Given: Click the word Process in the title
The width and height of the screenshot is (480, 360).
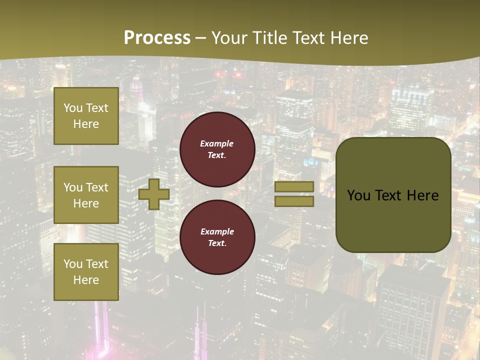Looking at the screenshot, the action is [x=157, y=38].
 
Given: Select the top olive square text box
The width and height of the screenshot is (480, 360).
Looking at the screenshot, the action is [x=86, y=116].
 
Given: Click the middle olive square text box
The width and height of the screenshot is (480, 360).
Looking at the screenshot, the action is [x=86, y=195].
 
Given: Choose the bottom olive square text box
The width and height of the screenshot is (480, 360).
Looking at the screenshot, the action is [x=86, y=272].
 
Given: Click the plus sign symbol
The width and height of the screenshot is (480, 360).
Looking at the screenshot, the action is [x=154, y=194].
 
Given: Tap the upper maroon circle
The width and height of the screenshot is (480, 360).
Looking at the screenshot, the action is [x=217, y=149].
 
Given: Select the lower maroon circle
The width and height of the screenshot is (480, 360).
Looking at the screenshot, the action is [x=217, y=237].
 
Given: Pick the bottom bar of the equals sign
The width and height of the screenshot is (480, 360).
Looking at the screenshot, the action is [x=294, y=201].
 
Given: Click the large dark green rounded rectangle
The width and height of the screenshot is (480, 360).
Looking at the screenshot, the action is [x=393, y=195].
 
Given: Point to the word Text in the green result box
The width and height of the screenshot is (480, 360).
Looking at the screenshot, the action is [x=388, y=195].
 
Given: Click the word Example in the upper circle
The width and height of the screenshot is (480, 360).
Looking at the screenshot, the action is [x=217, y=143].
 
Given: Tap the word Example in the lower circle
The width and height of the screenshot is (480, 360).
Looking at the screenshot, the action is [x=217, y=231].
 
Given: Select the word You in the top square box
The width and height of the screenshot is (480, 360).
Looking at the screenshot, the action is [x=73, y=108].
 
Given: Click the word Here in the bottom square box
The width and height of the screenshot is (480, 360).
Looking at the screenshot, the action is [x=86, y=280].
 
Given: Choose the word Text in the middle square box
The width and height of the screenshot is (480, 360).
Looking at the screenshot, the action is [x=97, y=187].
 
